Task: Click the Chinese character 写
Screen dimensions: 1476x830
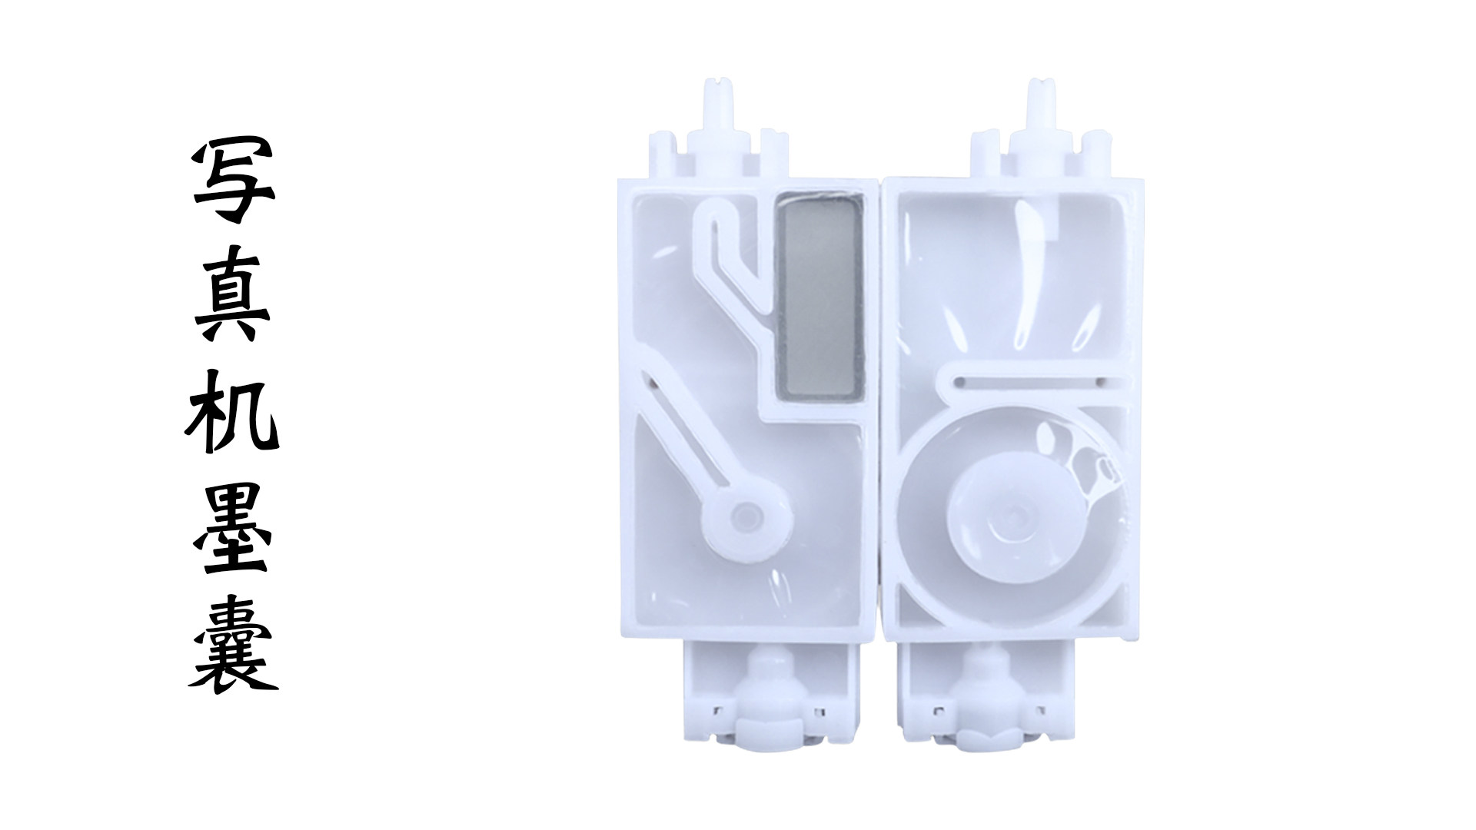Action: click(x=233, y=181)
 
